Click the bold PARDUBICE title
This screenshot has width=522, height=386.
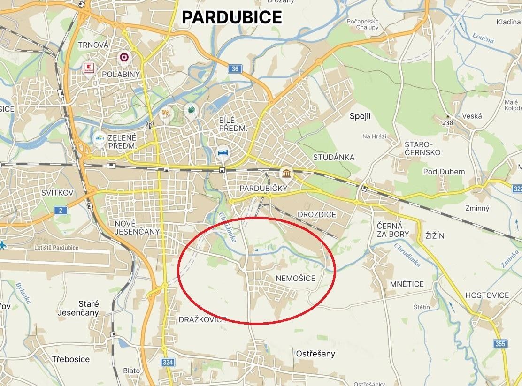click(x=232, y=17)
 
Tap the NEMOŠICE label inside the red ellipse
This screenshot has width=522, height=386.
click(x=295, y=279)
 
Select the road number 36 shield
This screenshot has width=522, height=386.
click(x=235, y=69)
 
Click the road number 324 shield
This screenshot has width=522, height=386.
click(x=168, y=362)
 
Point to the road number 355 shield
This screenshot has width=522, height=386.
click(x=500, y=344)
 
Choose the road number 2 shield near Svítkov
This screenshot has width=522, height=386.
click(x=61, y=210)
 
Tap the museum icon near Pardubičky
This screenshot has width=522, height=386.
click(x=286, y=174)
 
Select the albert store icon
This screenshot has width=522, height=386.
click(x=100, y=139)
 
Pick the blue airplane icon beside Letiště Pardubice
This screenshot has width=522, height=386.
click(x=3, y=245)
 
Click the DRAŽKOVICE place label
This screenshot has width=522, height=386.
click(x=202, y=320)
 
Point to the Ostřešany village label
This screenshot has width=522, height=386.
click(x=315, y=354)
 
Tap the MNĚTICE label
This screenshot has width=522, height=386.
click(x=407, y=284)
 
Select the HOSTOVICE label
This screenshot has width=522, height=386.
click(x=487, y=295)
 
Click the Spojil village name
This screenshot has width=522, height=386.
click(x=360, y=116)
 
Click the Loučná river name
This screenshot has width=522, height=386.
click(x=483, y=38)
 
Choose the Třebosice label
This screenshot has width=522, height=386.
click(x=71, y=359)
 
